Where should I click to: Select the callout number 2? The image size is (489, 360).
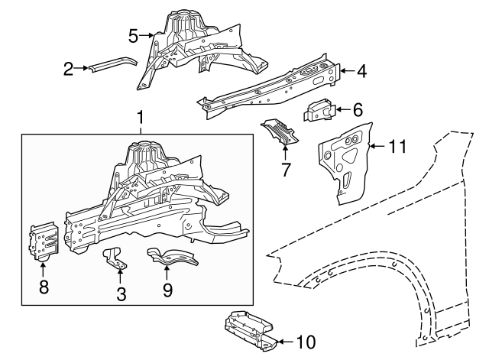pos(69,70)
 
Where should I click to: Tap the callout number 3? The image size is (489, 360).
pos(121,294)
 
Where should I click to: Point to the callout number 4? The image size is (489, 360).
pos(361,72)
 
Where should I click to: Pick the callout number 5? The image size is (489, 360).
pos(133,34)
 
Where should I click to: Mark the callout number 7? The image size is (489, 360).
pos(286,170)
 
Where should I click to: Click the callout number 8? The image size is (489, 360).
pos(44,287)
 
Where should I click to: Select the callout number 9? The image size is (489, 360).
pos(167,290)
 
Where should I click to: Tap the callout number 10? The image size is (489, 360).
pos(305,342)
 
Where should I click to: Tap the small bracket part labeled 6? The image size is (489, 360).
pos(319,110)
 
